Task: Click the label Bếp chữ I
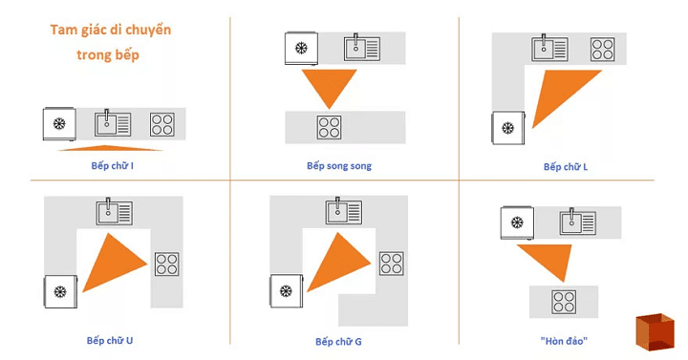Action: [x=113, y=166]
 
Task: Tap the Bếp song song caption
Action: [x=339, y=166]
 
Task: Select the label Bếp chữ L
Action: [x=566, y=166]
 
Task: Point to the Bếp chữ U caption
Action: [x=110, y=340]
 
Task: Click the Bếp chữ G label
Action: [x=338, y=342]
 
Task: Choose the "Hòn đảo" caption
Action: [x=565, y=341]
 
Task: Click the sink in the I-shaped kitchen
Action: [x=113, y=123]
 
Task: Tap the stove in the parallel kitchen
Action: [x=329, y=127]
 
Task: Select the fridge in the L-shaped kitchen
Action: [x=508, y=128]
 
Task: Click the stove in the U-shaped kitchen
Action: [x=166, y=264]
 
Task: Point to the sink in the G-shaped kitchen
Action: [x=344, y=211]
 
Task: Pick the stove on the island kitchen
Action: [x=564, y=302]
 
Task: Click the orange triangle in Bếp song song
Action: [x=329, y=84]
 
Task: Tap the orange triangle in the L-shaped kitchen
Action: [x=559, y=92]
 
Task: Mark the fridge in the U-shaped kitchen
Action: [x=60, y=291]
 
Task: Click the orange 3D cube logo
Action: [x=656, y=331]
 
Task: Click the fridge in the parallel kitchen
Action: [x=301, y=49]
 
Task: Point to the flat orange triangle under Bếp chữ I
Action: [x=110, y=148]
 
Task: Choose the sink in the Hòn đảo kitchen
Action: [x=578, y=222]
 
